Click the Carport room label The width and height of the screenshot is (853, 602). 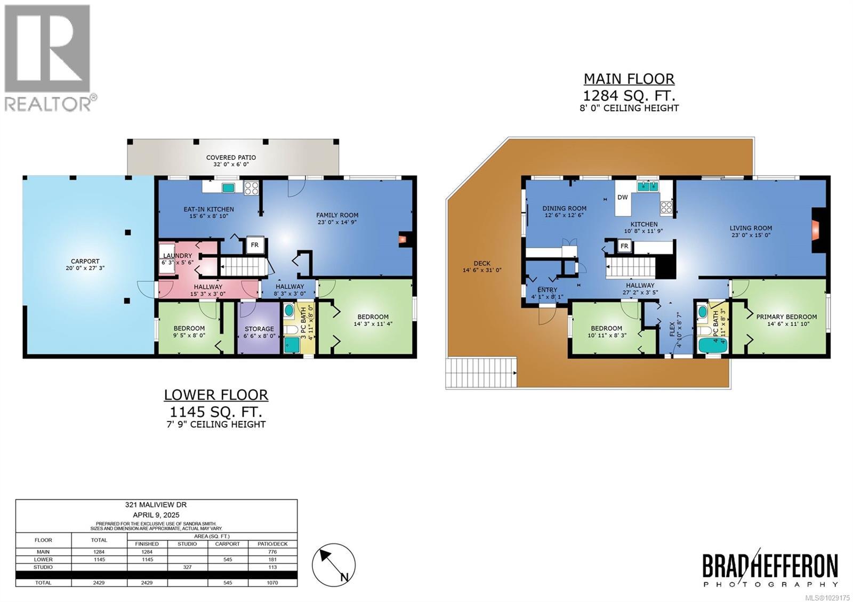pyautogui.click(x=85, y=262)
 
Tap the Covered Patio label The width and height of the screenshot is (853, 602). pyautogui.click(x=231, y=158)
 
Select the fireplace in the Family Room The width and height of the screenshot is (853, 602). pyautogui.click(x=404, y=239)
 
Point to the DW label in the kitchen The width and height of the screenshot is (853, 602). pyautogui.click(x=622, y=197)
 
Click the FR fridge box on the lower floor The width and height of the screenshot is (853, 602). pyautogui.click(x=255, y=245)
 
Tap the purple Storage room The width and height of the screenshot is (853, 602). pyautogui.click(x=259, y=329)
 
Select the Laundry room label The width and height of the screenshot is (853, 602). pyautogui.click(x=178, y=256)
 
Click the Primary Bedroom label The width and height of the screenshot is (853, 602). pyautogui.click(x=786, y=317)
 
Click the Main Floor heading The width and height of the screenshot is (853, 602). pyautogui.click(x=629, y=79)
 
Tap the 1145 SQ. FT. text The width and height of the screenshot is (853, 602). pyautogui.click(x=215, y=411)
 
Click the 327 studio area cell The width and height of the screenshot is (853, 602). pyautogui.click(x=187, y=567)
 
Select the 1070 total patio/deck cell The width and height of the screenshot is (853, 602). pyautogui.click(x=272, y=583)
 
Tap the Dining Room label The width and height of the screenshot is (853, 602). pyautogui.click(x=564, y=208)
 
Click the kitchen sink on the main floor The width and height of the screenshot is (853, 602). pyautogui.click(x=648, y=186)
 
